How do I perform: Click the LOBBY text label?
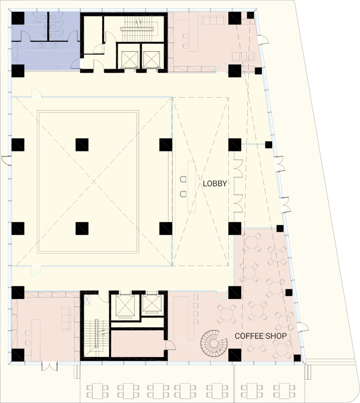coord(215,183)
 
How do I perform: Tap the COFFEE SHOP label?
coord(261,336)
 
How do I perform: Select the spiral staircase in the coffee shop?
coord(214,343)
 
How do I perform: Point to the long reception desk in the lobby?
coord(191,187)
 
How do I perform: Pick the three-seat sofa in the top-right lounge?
coord(213,20)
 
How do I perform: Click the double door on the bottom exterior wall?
coord(50,366)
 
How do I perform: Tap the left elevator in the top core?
coord(130,59)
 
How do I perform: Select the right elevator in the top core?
coord(151,59)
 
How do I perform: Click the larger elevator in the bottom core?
coord(125,305)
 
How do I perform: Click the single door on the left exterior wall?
coord(6,159)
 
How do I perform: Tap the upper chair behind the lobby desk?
coord(183,179)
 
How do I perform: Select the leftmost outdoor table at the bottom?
coord(97,391)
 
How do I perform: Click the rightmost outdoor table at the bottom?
coord(284,391)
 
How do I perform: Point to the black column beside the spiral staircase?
coord(235,355)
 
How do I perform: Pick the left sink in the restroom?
coord(42,46)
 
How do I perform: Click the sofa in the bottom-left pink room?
coord(66,318)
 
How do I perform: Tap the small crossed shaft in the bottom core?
coord(87,300)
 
